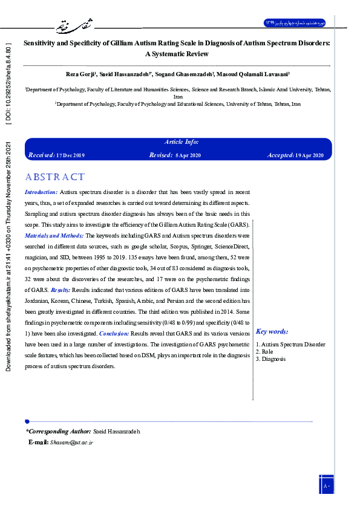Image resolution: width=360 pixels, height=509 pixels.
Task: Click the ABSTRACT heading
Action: pyautogui.click(x=55, y=177)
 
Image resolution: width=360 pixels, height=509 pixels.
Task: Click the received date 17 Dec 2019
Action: pyautogui.click(x=70, y=155)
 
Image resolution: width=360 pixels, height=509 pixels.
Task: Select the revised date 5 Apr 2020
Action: pyautogui.click(x=189, y=155)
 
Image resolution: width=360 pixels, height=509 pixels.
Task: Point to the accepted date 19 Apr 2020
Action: pyautogui.click(x=310, y=155)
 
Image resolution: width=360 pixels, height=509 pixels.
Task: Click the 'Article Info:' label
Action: pyautogui.click(x=182, y=142)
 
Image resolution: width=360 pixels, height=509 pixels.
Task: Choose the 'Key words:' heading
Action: pyautogui.click(x=272, y=331)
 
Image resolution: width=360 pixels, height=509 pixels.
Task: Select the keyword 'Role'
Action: pyautogui.click(x=267, y=352)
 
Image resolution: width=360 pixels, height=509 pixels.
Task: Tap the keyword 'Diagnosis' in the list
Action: pyautogui.click(x=273, y=359)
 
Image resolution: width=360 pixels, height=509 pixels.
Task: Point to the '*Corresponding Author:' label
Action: pyautogui.click(x=58, y=431)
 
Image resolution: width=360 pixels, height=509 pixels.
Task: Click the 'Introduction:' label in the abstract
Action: pyautogui.click(x=41, y=192)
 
